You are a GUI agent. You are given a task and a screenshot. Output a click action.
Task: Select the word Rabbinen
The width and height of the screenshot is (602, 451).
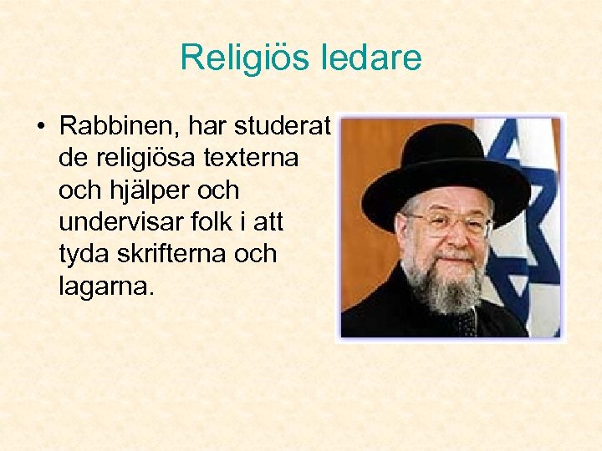120,127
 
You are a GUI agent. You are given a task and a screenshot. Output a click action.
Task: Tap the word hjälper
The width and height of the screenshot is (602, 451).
148,190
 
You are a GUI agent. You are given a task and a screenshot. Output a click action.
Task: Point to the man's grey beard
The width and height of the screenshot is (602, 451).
443,288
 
